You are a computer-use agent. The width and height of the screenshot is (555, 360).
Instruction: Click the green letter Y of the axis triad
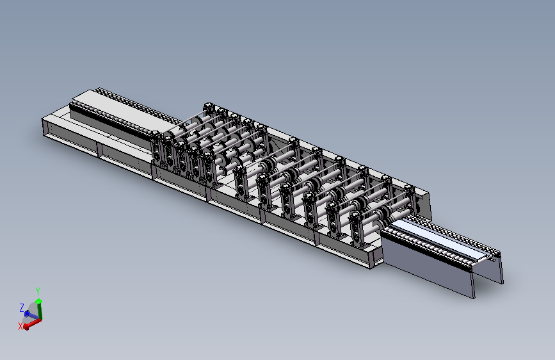coord(38,291)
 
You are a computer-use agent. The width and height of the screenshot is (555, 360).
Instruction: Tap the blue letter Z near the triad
coord(22,307)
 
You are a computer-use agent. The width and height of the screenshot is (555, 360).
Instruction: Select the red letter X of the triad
coord(20,326)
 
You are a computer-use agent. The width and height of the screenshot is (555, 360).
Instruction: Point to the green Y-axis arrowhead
coord(38,301)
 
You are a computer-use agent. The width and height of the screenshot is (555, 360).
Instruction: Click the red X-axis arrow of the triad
coord(32,323)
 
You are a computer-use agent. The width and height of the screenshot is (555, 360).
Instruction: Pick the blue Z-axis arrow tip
coord(26,314)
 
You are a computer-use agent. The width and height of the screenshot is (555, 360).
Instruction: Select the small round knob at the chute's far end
coord(494,260)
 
